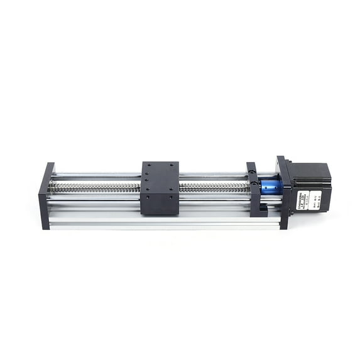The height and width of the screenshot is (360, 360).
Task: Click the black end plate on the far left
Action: click(46, 195)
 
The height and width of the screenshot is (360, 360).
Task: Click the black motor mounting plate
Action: click(283, 192)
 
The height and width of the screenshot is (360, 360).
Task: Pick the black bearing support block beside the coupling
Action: click(253, 188)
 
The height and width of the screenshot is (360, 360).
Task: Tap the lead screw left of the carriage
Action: click(94, 187)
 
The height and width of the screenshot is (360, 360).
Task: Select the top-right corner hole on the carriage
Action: click(173, 165)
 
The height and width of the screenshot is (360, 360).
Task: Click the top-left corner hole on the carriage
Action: click(147, 165)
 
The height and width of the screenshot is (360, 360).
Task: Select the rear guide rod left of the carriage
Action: click(94, 174)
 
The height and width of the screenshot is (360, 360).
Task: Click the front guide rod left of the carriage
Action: click(94, 200)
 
